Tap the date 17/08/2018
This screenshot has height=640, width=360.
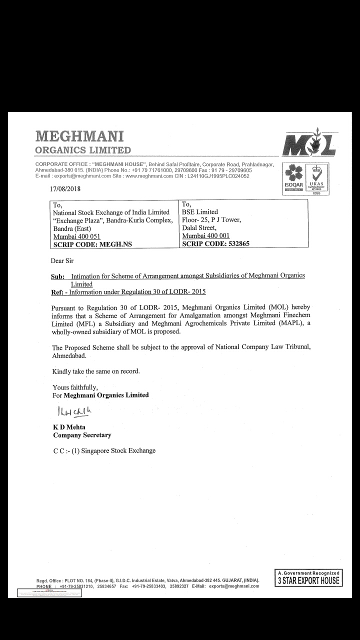tap(65, 189)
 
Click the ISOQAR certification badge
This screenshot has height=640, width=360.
tap(293, 177)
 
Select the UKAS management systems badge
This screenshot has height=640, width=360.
tap(317, 177)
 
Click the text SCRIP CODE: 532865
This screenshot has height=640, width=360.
tap(215, 244)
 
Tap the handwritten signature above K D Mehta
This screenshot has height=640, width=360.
tap(74, 411)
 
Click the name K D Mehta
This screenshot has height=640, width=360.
tap(69, 427)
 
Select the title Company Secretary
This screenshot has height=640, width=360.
tap(82, 435)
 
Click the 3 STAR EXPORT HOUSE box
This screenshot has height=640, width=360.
tap(308, 578)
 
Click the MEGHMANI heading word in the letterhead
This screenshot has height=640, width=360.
tap(79, 136)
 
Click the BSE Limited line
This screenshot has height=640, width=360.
tap(200, 212)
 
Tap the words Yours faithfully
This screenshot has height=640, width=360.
tap(75, 387)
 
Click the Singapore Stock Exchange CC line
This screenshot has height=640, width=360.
tap(104, 450)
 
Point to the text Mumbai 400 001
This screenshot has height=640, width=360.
tap(205, 236)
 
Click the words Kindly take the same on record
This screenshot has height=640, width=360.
tap(96, 371)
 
